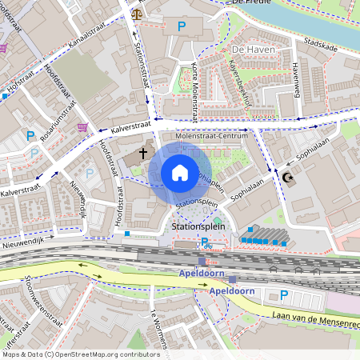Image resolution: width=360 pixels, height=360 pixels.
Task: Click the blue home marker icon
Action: tap(180, 173)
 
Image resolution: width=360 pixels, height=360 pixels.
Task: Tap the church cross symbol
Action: tap(144, 152)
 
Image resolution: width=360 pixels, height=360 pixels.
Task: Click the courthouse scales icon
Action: tap(137, 14)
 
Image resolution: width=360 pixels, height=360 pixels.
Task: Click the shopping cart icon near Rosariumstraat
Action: tap(82, 126)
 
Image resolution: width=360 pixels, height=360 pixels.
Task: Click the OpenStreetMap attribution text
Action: tap(70, 354)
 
